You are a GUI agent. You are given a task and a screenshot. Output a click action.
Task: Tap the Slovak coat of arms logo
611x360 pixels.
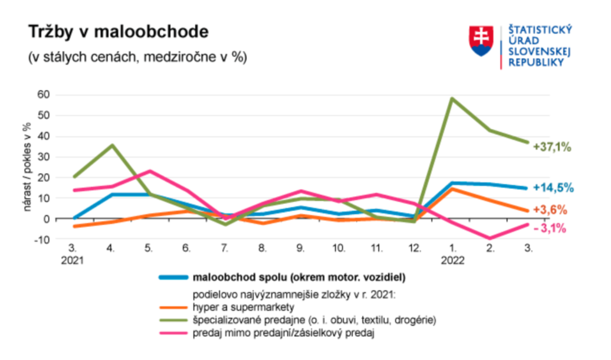pyautogui.click(x=481, y=41)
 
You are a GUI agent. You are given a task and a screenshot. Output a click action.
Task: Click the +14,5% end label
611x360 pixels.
pyautogui.click(x=553, y=188)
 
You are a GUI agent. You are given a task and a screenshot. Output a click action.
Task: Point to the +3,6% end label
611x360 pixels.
pyautogui.click(x=549, y=210)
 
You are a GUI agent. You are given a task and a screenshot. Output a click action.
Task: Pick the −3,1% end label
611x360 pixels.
pyautogui.click(x=550, y=228)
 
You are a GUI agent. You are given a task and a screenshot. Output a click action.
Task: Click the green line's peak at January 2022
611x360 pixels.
pyautogui.click(x=452, y=99)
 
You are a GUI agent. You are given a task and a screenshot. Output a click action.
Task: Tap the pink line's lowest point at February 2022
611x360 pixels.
pyautogui.click(x=490, y=238)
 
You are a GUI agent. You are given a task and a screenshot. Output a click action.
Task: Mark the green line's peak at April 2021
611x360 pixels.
pyautogui.click(x=111, y=145)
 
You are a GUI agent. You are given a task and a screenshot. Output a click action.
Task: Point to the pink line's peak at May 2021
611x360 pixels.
pyautogui.click(x=149, y=171)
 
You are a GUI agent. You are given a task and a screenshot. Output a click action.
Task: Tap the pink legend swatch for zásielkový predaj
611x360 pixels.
pyautogui.click(x=173, y=333)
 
